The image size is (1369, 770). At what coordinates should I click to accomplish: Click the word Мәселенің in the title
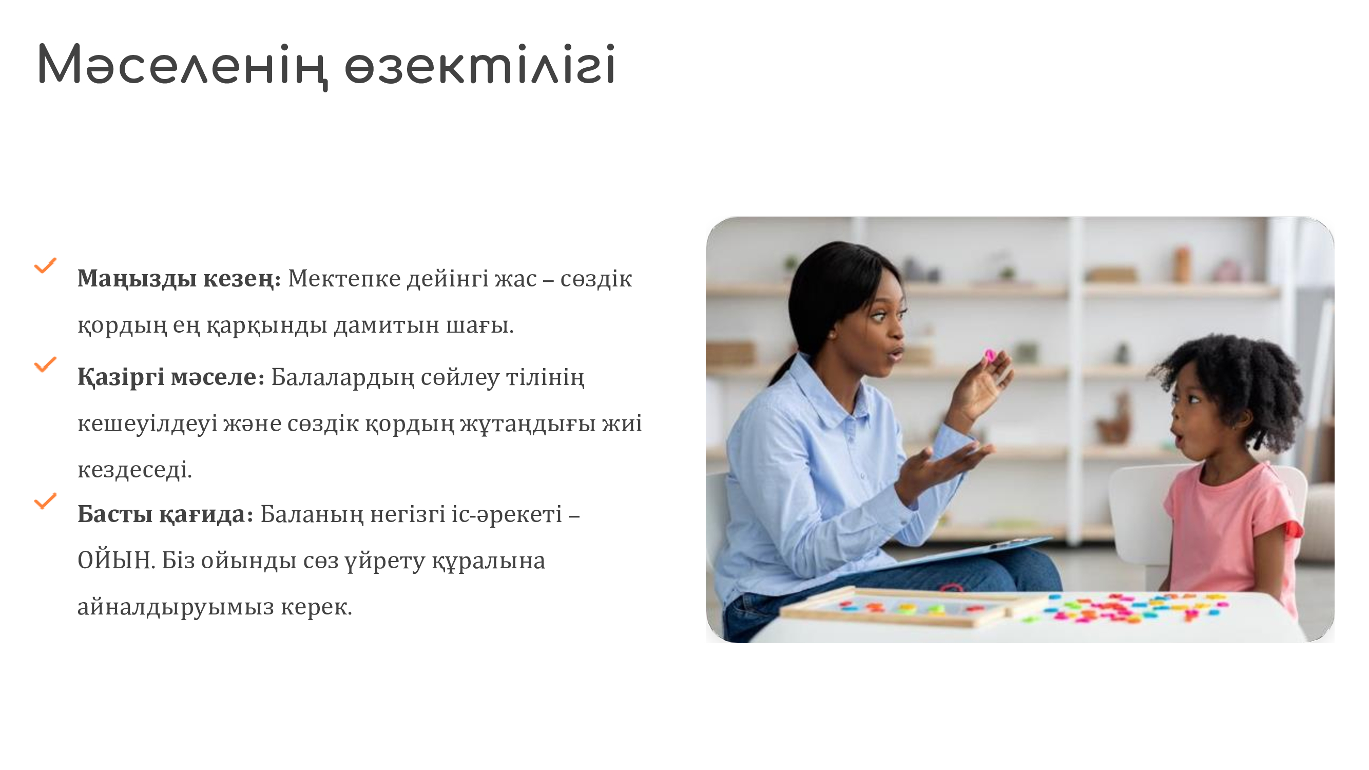(182, 65)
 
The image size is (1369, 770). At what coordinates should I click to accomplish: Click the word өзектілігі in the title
(480, 64)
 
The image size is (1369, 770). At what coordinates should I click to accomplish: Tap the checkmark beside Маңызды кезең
(46, 265)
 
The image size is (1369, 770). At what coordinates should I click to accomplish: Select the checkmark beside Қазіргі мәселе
(46, 364)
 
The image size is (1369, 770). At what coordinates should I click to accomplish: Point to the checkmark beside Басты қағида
(46, 500)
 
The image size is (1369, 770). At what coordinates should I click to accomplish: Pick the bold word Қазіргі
(121, 377)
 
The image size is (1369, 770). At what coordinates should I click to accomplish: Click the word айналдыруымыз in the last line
(176, 607)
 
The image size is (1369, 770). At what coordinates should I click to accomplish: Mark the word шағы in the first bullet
(479, 326)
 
